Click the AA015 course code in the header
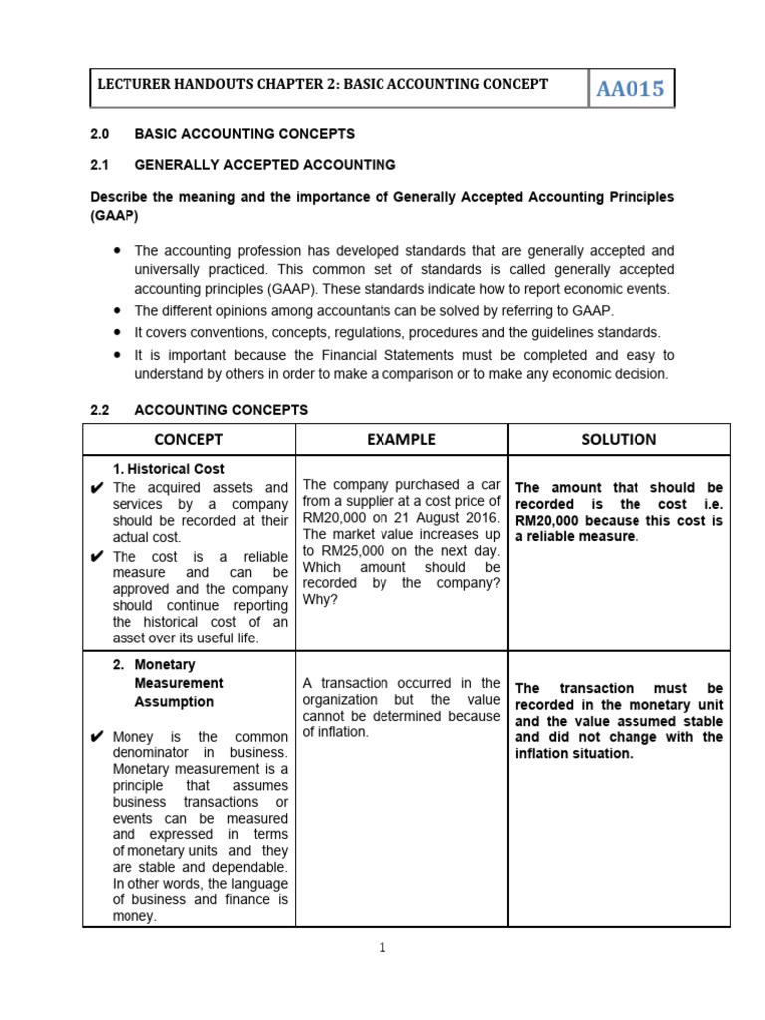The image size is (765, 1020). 630,90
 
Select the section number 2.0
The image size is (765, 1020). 100,133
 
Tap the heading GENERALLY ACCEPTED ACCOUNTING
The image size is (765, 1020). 265,165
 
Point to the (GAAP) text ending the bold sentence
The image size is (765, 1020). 115,214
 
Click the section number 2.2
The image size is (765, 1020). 100,410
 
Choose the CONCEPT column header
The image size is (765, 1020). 188,439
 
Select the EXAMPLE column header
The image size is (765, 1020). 400,439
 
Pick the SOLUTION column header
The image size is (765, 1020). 619,439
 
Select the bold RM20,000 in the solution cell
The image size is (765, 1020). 554,520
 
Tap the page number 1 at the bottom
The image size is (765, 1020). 382,948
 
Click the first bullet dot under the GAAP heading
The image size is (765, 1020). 117,251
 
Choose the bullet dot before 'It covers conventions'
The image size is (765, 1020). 117,331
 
